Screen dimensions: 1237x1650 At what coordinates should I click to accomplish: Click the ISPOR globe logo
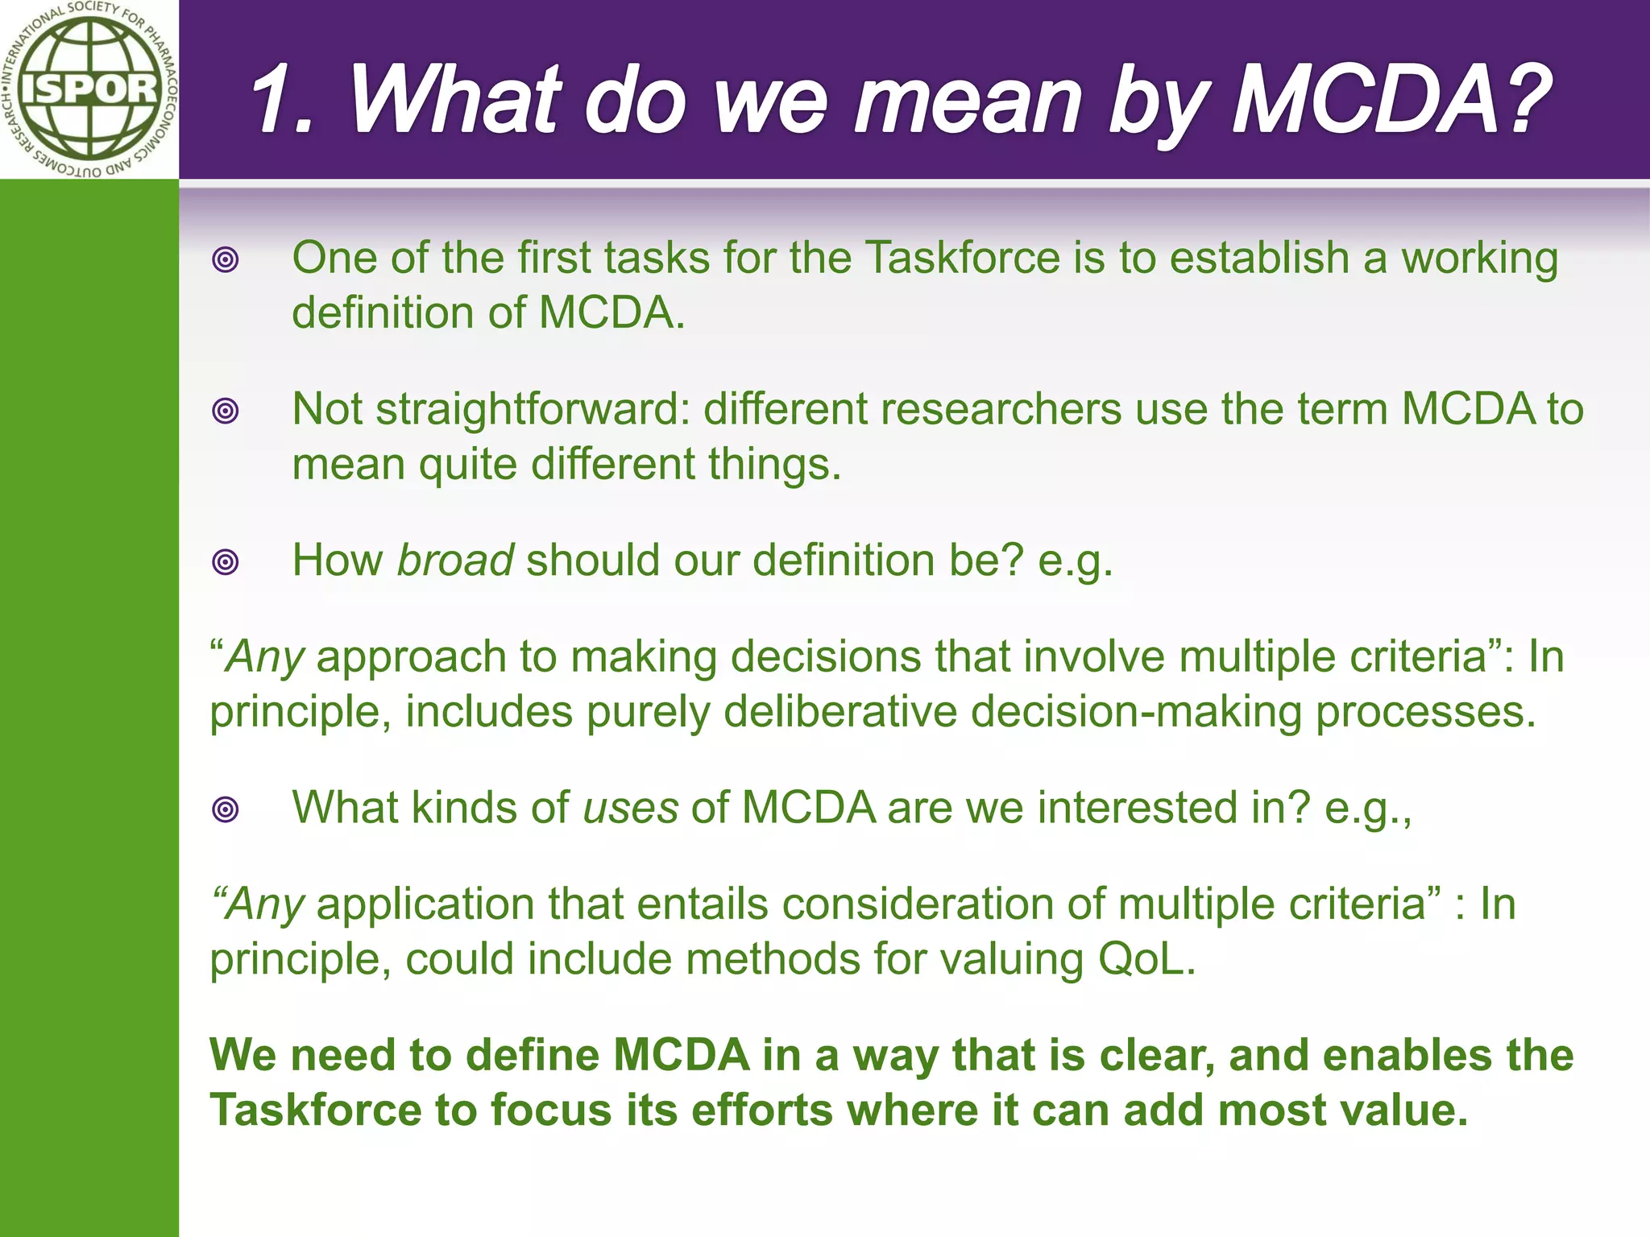pyautogui.click(x=89, y=89)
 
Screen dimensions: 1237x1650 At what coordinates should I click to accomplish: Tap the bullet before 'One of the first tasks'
pyautogui.click(x=226, y=259)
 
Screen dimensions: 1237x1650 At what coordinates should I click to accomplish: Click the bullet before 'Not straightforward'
pyautogui.click(x=226, y=411)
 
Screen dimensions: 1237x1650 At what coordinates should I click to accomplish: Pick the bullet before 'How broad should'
pyautogui.click(x=226, y=561)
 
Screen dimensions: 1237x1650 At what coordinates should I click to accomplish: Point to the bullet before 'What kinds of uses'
pyautogui.click(x=226, y=809)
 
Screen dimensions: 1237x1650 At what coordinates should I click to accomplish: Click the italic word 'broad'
pyautogui.click(x=455, y=560)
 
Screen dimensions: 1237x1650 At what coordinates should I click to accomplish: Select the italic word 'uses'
pyautogui.click(x=630, y=807)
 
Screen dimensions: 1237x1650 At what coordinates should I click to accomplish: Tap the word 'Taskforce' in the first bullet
pyautogui.click(x=963, y=258)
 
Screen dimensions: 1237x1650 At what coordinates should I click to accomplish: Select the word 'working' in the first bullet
pyautogui.click(x=1479, y=259)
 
